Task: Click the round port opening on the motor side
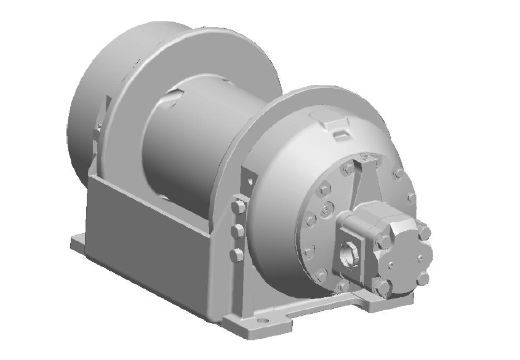348,254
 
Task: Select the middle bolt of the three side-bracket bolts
237,231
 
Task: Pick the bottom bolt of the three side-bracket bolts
236,255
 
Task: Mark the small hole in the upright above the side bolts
250,178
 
